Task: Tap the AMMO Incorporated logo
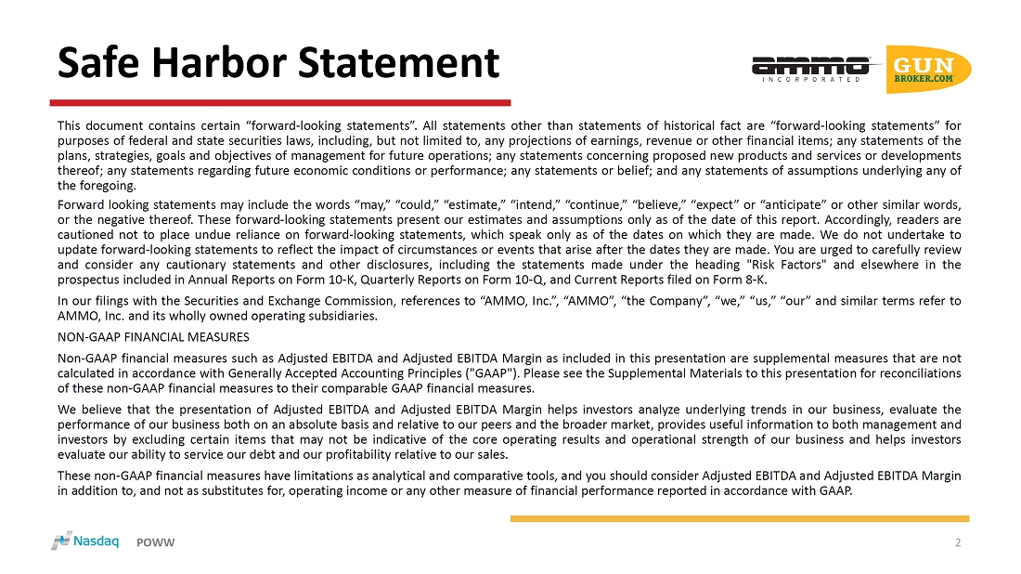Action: coord(809,68)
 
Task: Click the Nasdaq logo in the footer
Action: coord(85,541)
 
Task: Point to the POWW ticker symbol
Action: coord(156,542)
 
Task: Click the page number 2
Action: coord(958,542)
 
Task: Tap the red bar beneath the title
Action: coord(279,102)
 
